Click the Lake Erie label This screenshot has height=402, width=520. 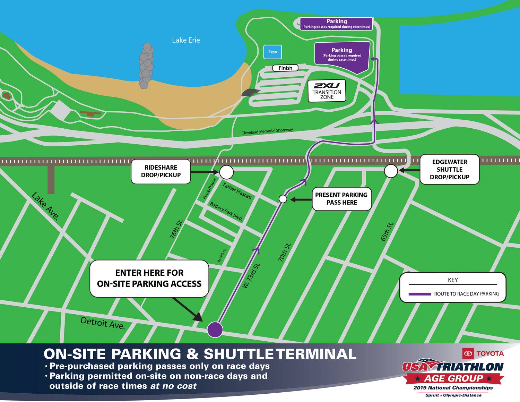pyautogui.click(x=186, y=40)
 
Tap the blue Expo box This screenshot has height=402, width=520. pyautogui.click(x=272, y=52)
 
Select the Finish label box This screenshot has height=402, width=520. pyautogui.click(x=285, y=68)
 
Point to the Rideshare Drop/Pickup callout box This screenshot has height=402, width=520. pyautogui.click(x=161, y=171)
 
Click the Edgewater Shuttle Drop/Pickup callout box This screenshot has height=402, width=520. pyautogui.click(x=449, y=169)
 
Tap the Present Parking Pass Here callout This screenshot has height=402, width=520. pyautogui.click(x=341, y=199)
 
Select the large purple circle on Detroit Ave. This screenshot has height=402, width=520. pyautogui.click(x=215, y=329)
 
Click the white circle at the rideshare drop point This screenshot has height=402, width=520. pyautogui.click(x=226, y=172)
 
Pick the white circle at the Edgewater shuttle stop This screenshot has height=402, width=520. pyautogui.click(x=391, y=171)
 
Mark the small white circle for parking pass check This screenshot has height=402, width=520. pyautogui.click(x=283, y=199)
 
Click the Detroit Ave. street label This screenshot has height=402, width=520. pyautogui.click(x=103, y=323)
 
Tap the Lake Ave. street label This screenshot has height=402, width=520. pyautogui.click(x=45, y=206)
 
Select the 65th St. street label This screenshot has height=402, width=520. pyautogui.click(x=387, y=232)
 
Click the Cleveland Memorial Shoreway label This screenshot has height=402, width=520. pyautogui.click(x=267, y=131)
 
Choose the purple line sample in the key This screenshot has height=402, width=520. pyautogui.click(x=419, y=294)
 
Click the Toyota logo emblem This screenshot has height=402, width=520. pyautogui.click(x=468, y=353)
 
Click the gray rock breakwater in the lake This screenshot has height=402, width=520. pyautogui.click(x=146, y=66)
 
